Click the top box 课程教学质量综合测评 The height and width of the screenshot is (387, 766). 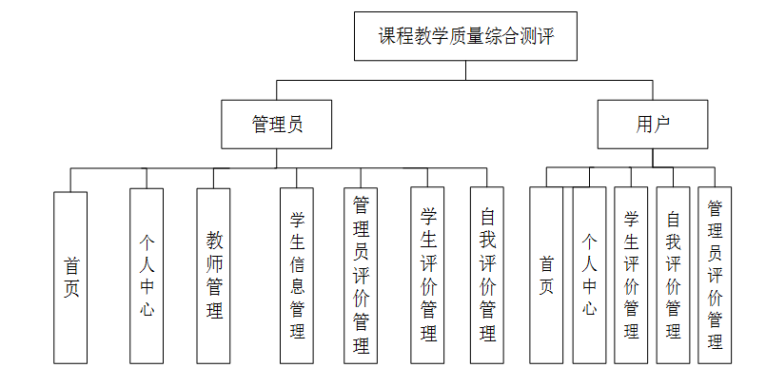point(465,36)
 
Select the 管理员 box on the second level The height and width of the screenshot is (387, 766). point(277,125)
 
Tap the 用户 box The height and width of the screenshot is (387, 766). point(653,125)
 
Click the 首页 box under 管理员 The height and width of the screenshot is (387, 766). point(70,278)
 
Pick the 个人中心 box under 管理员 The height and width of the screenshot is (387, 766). point(147,276)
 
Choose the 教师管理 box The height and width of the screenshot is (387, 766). point(213,276)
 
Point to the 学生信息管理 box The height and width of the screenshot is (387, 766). point(297,276)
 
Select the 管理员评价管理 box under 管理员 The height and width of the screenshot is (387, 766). point(361,276)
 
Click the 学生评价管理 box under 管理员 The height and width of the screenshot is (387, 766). point(427,275)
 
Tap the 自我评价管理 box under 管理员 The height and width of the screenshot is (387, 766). point(487,275)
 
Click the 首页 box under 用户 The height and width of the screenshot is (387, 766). point(546,275)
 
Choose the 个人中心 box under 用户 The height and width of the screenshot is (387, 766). point(589,275)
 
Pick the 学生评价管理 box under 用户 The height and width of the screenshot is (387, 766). point(631,275)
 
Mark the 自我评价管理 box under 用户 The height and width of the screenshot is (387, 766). point(673,275)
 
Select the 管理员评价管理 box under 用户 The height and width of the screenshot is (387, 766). point(715,275)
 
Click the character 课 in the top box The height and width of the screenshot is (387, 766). point(387,36)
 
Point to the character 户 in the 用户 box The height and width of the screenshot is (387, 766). point(661,125)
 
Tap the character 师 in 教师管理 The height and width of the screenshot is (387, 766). point(214,263)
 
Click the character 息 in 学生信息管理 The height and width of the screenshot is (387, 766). point(297,286)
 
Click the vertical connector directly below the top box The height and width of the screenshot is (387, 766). point(465,70)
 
